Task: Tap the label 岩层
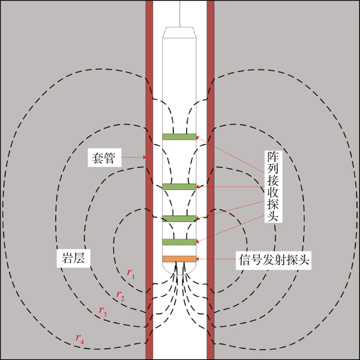73,258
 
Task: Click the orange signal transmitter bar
179,259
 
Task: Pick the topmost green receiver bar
179,136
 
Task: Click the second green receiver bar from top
179,186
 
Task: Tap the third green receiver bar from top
179,219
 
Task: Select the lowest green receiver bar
179,242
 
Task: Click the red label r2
120,295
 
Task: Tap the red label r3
103,311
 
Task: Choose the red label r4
80,338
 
